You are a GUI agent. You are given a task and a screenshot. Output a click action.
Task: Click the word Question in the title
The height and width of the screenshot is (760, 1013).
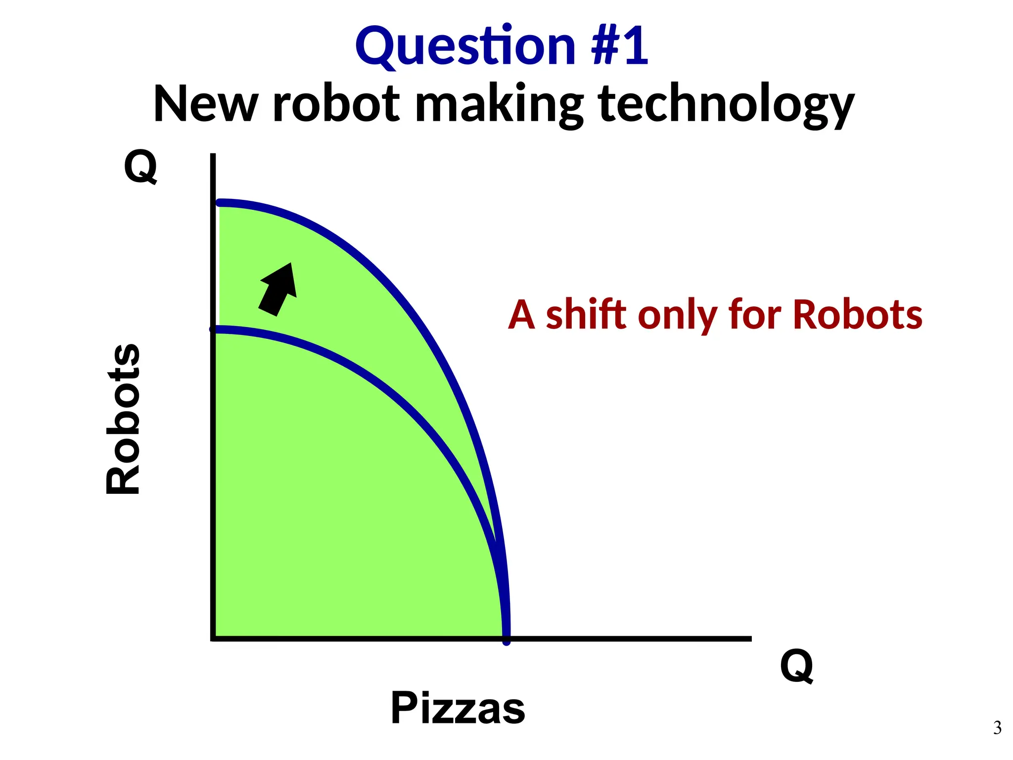coord(465,47)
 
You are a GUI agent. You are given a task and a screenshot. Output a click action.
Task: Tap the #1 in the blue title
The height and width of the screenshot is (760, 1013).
coord(619,47)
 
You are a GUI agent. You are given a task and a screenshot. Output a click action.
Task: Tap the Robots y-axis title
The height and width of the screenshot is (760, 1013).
coord(124,419)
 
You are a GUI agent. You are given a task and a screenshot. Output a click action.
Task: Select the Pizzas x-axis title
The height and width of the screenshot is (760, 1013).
coord(458,708)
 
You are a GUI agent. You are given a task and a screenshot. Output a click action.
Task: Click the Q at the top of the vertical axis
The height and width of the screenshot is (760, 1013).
coord(140,166)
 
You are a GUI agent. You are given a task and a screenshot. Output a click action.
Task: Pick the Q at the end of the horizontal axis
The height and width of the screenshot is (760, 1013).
coord(796,666)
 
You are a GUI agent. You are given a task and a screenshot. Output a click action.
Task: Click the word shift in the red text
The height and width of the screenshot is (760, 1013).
coord(587,315)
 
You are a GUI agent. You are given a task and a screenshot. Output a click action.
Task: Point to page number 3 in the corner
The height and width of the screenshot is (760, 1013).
coord(997,728)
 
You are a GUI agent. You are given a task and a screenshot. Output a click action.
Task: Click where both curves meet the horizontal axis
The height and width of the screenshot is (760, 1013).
coord(506,638)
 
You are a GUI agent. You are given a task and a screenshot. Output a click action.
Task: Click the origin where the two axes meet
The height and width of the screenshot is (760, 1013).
coord(213,638)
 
